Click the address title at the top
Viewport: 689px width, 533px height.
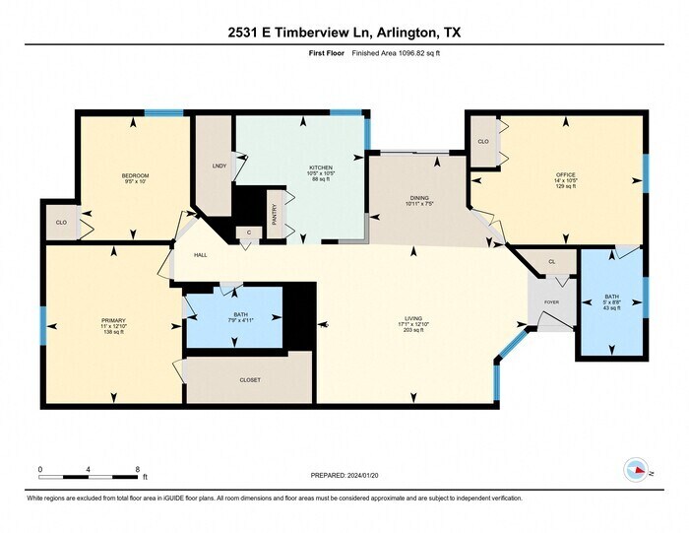[344, 33]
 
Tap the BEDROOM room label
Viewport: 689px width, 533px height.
[136, 175]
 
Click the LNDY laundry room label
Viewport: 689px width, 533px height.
[219, 166]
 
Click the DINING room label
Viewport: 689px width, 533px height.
[419, 198]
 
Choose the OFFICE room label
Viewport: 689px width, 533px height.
[565, 174]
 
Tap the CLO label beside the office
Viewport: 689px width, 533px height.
[483, 141]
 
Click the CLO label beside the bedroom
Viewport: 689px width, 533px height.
[61, 223]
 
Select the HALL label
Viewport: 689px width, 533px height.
[200, 255]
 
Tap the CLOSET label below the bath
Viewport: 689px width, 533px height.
[250, 379]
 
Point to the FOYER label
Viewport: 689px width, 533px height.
[551, 302]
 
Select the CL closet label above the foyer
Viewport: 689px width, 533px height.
[552, 261]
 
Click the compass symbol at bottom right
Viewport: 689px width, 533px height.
[635, 470]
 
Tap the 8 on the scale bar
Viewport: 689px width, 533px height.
[138, 469]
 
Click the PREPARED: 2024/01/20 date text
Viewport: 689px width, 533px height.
[344, 473]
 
